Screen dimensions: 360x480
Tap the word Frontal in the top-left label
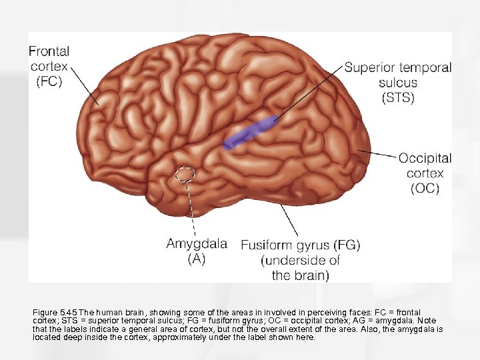tap(50, 51)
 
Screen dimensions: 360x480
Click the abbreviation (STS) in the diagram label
tap(397, 98)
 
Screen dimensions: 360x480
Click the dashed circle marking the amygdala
tap(184, 174)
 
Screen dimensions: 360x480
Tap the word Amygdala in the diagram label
tap(196, 244)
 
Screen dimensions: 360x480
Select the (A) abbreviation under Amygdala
tap(196, 259)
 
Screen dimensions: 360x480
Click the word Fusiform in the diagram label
tap(266, 245)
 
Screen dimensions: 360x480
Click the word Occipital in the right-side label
tap(425, 159)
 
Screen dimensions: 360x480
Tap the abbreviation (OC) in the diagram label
tap(425, 188)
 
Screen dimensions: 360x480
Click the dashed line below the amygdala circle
tap(189, 207)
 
